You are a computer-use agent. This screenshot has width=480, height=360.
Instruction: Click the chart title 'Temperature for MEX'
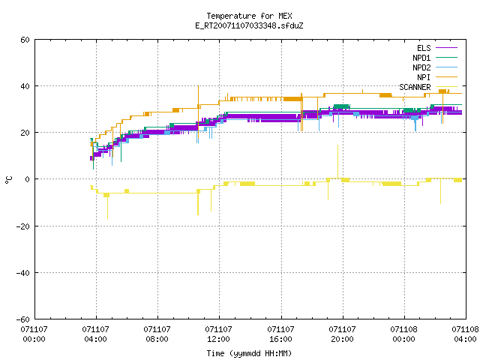tap(249, 16)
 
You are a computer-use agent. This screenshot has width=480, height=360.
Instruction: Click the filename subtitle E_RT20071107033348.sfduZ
tap(249, 25)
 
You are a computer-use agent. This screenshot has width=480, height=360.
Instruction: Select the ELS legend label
tap(424, 48)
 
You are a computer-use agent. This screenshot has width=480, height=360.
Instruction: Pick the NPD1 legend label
tap(421, 58)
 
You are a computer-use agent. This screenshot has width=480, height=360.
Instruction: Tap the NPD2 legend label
tap(421, 67)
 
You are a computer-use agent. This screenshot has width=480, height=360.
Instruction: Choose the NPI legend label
tap(424, 77)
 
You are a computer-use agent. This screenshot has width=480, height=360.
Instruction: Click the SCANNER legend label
tap(415, 87)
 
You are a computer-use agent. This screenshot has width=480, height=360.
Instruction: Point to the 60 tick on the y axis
tap(25, 40)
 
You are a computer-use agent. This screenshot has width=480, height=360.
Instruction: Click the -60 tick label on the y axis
tap(23, 319)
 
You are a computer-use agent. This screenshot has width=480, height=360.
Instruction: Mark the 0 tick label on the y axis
tap(27, 179)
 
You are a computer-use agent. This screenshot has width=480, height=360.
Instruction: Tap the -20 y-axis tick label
tap(23, 226)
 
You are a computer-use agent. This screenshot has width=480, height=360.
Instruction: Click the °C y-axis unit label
tap(8, 180)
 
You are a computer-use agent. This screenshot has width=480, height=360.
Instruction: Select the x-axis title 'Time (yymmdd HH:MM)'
tap(249, 353)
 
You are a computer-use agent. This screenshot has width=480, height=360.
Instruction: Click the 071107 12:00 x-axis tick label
tap(218, 334)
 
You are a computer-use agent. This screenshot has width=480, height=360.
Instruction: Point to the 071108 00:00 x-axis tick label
tap(403, 334)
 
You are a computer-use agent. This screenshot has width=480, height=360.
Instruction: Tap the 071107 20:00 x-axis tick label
tap(342, 334)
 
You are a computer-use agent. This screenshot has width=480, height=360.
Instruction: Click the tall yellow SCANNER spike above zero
tap(338, 161)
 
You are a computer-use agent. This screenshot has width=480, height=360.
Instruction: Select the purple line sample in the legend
tap(446, 48)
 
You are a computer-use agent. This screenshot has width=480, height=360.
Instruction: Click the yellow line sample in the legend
tap(446, 87)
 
